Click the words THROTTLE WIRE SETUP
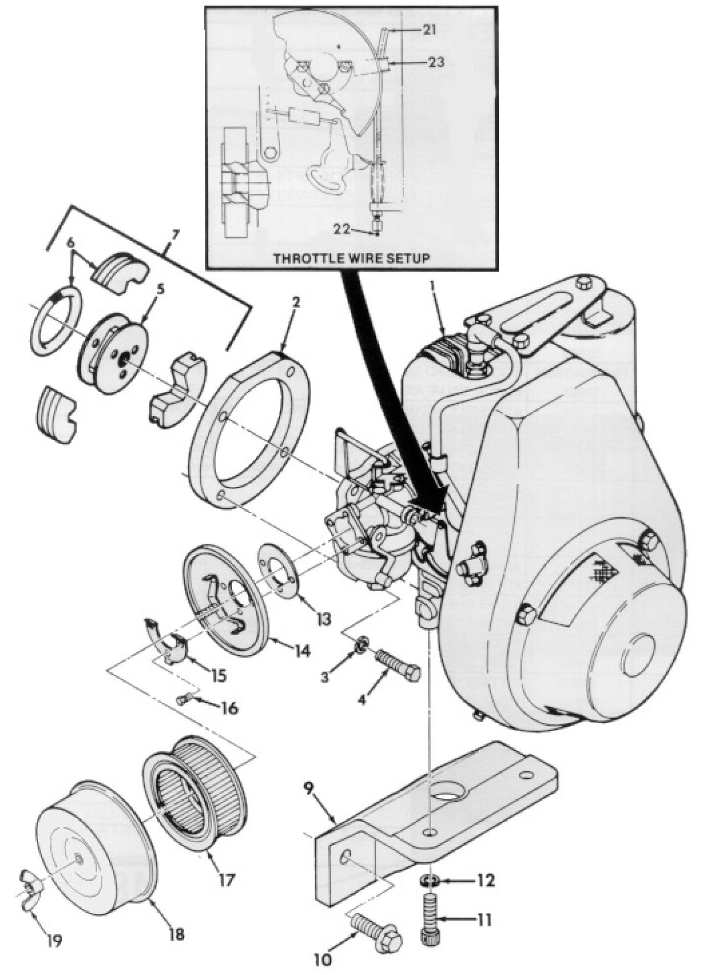[350, 259]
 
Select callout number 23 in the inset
[434, 62]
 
